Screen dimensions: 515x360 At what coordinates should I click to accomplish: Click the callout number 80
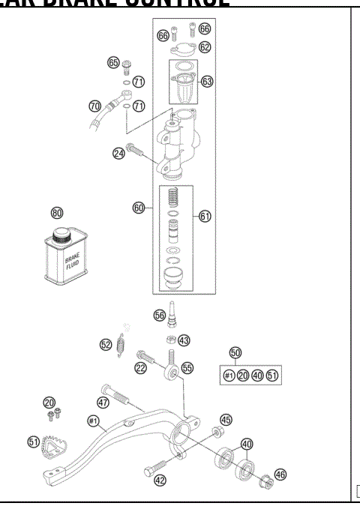[56, 213]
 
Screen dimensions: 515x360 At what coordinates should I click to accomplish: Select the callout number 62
[205, 46]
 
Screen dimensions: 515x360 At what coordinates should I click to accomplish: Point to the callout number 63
[207, 81]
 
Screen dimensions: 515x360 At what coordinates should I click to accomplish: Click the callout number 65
[113, 63]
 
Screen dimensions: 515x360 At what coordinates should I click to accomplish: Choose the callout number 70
[94, 106]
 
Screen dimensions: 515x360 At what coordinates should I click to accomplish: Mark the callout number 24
[118, 154]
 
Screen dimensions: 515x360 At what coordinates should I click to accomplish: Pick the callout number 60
[139, 208]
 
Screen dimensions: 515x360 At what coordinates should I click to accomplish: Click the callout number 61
[205, 216]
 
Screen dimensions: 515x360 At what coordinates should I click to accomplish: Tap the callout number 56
[159, 316]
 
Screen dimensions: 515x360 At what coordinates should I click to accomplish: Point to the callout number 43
[184, 340]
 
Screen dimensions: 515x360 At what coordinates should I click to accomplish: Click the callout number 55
[187, 368]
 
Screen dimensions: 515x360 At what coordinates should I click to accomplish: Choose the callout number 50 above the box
[235, 352]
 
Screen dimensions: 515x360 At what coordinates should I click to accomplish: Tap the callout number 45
[226, 420]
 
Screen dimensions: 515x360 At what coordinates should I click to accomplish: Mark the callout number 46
[280, 474]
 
